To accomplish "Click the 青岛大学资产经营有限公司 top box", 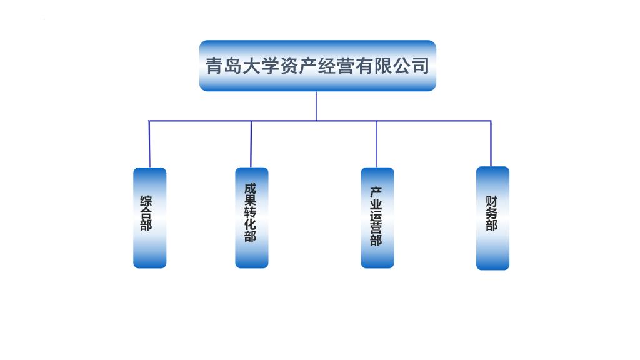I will pos(317,66).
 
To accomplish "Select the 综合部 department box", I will pos(150,217).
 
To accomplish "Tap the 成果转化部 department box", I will pos(252,217).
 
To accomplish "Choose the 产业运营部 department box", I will pos(377,217).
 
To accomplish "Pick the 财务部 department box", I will pos(492,217).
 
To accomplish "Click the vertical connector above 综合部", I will pos(149,144).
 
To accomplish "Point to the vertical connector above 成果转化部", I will pos(251,144).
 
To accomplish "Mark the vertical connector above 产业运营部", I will pos(376,144).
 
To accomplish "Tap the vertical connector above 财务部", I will pos(491,143).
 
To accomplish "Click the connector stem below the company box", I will pos(316,106).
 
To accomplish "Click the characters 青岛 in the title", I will pos(222,66).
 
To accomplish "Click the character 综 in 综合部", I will pos(146,202).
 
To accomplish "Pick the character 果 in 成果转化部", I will pos(251,200).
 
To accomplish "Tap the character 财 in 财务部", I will pos(492,202).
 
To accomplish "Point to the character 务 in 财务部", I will pos(492,214).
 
